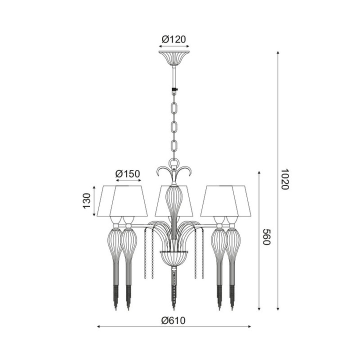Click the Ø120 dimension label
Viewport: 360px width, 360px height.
(174, 38)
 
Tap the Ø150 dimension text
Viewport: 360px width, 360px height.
(127, 174)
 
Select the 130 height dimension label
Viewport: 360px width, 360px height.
(86, 201)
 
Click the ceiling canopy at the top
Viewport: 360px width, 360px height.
(174, 56)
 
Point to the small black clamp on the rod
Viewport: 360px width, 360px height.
(174, 90)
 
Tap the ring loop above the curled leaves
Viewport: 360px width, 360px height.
(174, 162)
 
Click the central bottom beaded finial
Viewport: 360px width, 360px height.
(174, 290)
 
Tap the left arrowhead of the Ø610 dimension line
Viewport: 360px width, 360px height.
(98, 326)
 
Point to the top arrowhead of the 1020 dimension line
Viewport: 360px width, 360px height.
(278, 52)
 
